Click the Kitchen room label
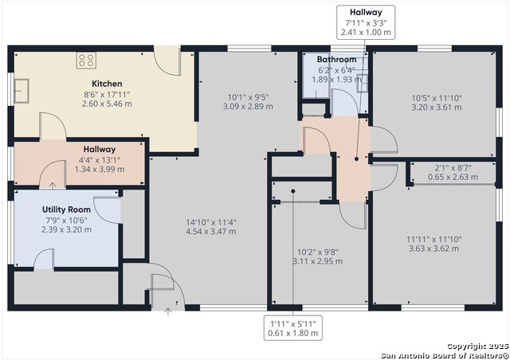(107, 84)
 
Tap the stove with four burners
(86, 61)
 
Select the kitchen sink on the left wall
(22, 91)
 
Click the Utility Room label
(66, 209)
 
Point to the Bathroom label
(336, 60)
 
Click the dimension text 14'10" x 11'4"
(211, 222)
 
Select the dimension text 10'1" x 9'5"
(248, 97)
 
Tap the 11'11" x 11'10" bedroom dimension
(433, 240)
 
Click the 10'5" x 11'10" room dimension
(437, 98)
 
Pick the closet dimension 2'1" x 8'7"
(453, 168)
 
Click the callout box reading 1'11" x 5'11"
(293, 328)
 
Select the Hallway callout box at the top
(366, 22)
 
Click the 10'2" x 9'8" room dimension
(318, 252)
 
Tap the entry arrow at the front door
(168, 311)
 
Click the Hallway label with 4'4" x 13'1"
(100, 150)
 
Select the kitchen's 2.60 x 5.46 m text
(107, 104)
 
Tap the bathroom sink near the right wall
(363, 84)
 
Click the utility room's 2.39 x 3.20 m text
(66, 230)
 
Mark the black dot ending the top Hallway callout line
(356, 159)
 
